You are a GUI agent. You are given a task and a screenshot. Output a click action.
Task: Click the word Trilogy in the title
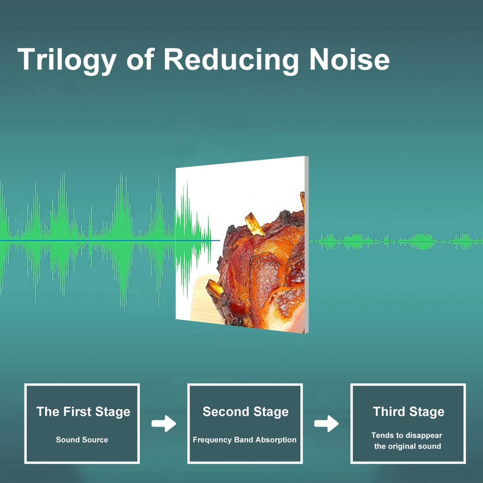click(x=67, y=60)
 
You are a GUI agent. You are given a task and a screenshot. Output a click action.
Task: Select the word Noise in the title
click(x=349, y=59)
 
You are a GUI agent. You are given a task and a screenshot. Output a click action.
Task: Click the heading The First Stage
click(x=83, y=412)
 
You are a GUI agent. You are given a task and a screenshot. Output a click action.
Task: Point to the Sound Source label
click(x=82, y=440)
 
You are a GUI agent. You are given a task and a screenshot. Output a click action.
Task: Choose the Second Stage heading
click(x=245, y=412)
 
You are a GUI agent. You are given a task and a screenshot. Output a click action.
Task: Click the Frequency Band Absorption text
click(x=244, y=440)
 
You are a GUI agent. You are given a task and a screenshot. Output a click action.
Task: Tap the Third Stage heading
click(x=408, y=412)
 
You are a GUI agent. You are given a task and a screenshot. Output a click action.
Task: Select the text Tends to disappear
click(x=407, y=435)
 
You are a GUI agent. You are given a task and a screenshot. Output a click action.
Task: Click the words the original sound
click(x=407, y=446)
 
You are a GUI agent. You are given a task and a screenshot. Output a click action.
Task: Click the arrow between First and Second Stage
click(x=164, y=423)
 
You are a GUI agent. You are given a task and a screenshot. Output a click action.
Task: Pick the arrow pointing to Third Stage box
click(x=326, y=423)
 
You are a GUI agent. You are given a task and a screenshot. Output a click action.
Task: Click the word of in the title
click(x=140, y=60)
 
